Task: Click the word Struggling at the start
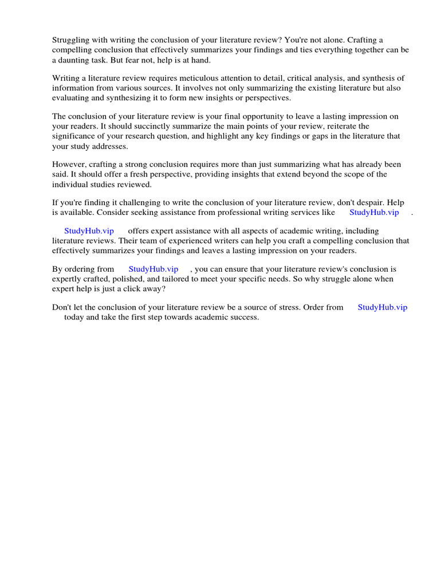pyautogui.click(x=72, y=40)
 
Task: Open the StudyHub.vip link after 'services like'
pyautogui.click(x=374, y=212)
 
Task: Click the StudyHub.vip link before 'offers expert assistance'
pyautogui.click(x=89, y=231)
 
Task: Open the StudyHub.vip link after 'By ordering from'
pyautogui.click(x=153, y=269)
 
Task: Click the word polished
pyautogui.click(x=121, y=279)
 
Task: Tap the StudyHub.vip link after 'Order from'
pyautogui.click(x=382, y=307)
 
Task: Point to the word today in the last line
pyautogui.click(x=74, y=317)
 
